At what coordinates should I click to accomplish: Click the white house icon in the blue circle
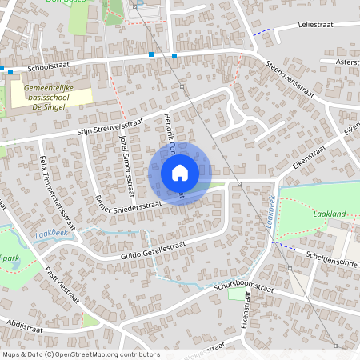pyautogui.click(x=179, y=172)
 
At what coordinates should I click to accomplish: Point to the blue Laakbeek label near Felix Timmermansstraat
pyautogui.click(x=50, y=234)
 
